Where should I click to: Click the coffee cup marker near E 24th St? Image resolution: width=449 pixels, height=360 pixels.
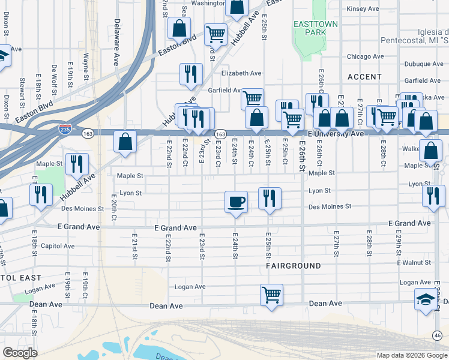(237, 201)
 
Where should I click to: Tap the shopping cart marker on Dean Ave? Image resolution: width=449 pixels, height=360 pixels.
(271, 295)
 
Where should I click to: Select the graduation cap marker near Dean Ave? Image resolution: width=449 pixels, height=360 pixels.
(426, 300)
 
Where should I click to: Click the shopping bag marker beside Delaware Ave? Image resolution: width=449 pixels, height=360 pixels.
(125, 143)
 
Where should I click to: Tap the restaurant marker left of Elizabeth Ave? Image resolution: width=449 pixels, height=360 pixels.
(191, 74)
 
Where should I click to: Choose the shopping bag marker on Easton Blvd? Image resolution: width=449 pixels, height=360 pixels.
(179, 28)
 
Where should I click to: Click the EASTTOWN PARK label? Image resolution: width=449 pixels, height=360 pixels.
(315, 29)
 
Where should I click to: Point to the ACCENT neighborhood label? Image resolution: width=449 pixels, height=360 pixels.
(364, 77)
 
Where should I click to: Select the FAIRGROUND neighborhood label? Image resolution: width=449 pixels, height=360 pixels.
(294, 265)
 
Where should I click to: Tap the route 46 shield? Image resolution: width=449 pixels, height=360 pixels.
(438, 335)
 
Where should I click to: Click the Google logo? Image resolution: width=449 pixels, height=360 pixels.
(20, 353)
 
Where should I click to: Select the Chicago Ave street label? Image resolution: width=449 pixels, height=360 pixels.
(365, 56)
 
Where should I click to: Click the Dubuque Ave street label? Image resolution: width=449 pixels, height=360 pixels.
(423, 68)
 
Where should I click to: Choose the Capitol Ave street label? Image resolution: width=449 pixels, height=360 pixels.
(58, 246)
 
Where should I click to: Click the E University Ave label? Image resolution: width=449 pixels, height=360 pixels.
(336, 133)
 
